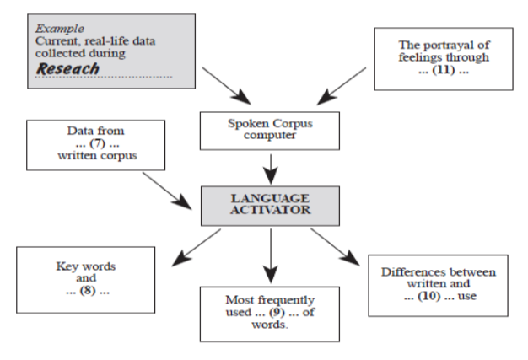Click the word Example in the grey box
(x=53, y=26)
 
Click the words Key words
(x=84, y=266)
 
